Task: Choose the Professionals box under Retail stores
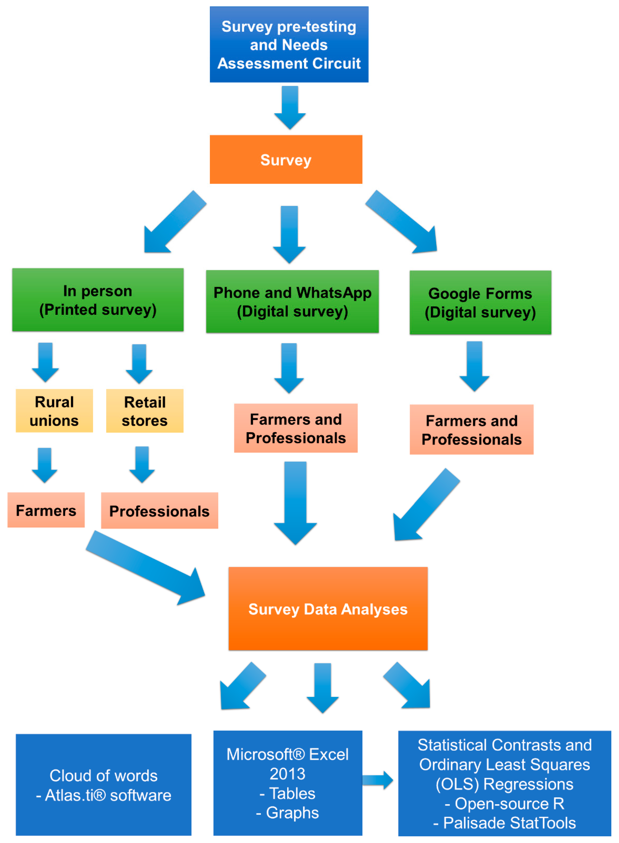tap(159, 511)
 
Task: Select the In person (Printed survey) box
tap(98, 300)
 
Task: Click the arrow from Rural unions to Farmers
tap(45, 465)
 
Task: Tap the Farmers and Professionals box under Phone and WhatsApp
tap(296, 428)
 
